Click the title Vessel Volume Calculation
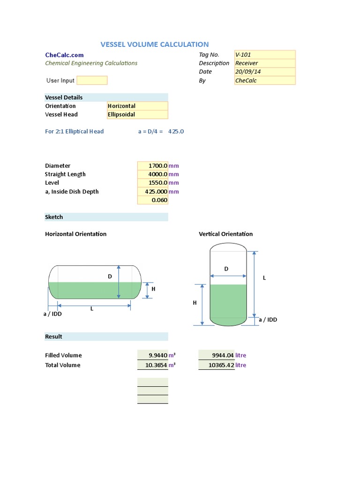pyautogui.click(x=155, y=45)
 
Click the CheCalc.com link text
pyautogui.click(x=64, y=55)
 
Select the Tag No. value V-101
pyautogui.click(x=264, y=55)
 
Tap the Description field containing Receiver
pyautogui.click(x=264, y=63)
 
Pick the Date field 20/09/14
pyautogui.click(x=264, y=72)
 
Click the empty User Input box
pyautogui.click(x=92, y=80)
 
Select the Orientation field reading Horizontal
pyautogui.click(x=137, y=106)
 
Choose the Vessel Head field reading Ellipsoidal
pyautogui.click(x=137, y=114)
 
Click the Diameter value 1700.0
pyautogui.click(x=152, y=166)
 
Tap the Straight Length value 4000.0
pyautogui.click(x=152, y=174)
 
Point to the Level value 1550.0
pyautogui.click(x=152, y=183)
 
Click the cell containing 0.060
pyautogui.click(x=152, y=200)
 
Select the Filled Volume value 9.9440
pyautogui.click(x=152, y=355)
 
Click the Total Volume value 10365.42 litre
pyautogui.click(x=217, y=365)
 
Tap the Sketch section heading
pyautogui.click(x=54, y=217)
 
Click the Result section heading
pyautogui.click(x=53, y=337)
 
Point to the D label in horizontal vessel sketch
pyautogui.click(x=110, y=277)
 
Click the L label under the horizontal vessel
pyautogui.click(x=92, y=308)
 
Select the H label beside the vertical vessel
pyautogui.click(x=195, y=303)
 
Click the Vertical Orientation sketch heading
pyautogui.click(x=225, y=234)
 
